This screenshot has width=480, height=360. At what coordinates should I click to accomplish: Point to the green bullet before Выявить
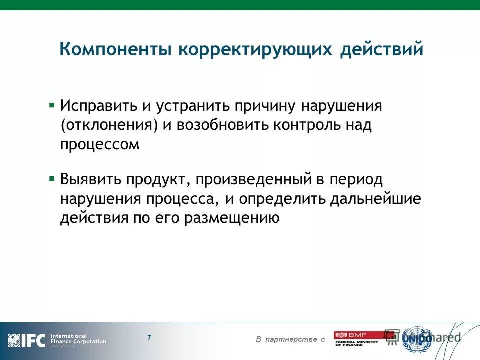pos(51,177)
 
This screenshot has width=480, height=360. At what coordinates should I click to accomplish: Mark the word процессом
pos(100,144)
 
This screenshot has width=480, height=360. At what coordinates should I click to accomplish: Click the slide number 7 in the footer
pos(149,337)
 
